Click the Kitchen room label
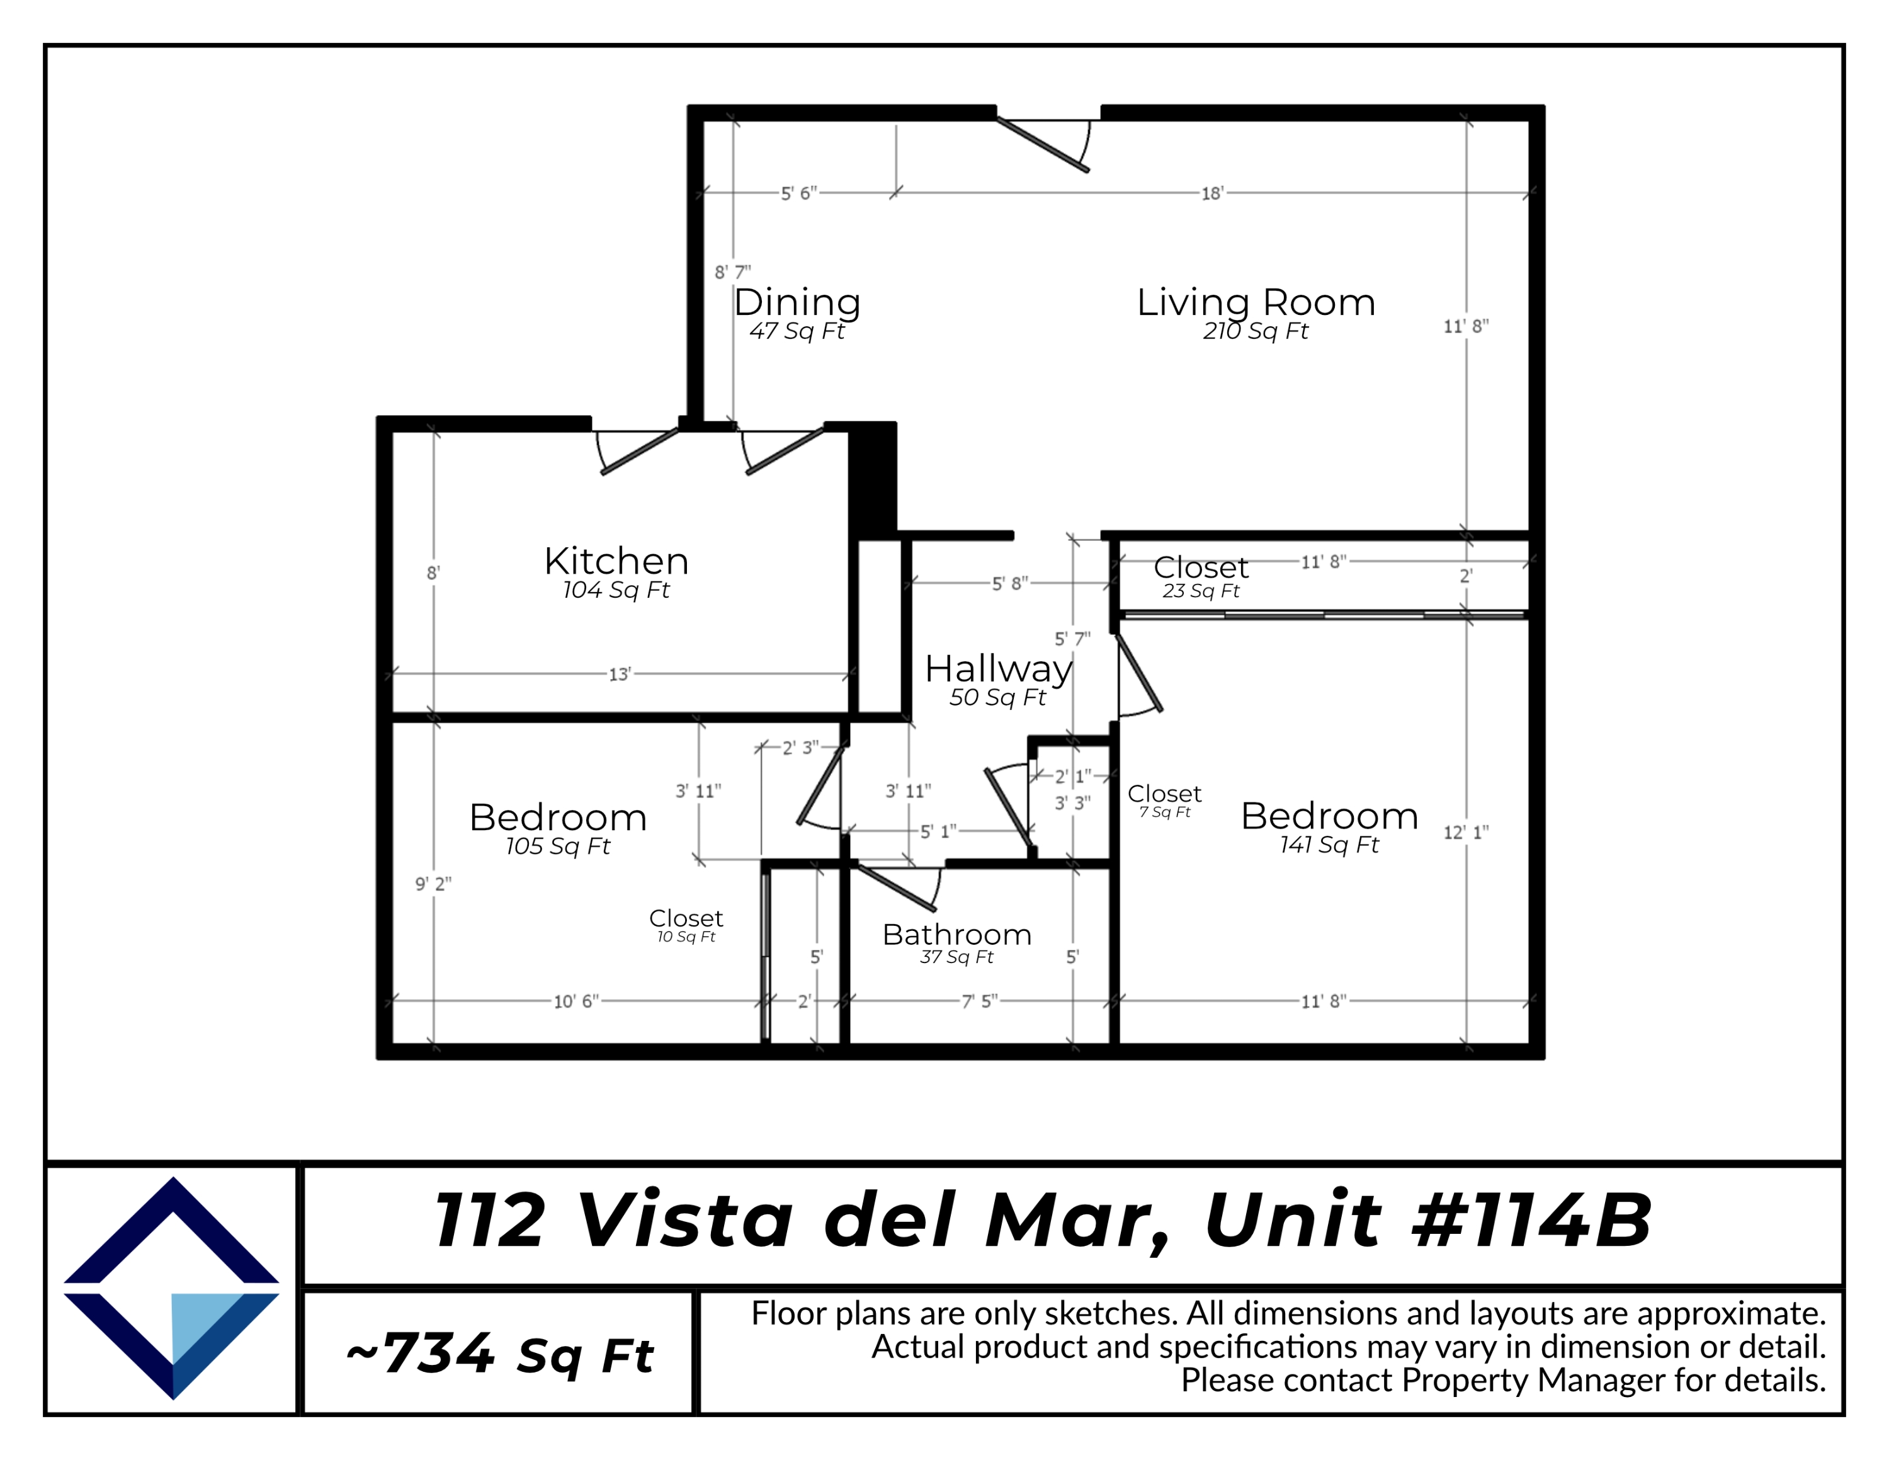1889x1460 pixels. [616, 561]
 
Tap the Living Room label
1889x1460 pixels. [1255, 303]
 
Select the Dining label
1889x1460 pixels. [797, 303]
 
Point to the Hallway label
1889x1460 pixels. [998, 669]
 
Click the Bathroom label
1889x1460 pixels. [956, 934]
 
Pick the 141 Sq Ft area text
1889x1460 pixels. [1329, 845]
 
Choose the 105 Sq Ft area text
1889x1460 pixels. [558, 847]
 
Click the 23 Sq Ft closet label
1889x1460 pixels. [1201, 591]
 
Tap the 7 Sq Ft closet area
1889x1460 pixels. [1164, 812]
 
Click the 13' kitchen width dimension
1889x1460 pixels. [620, 675]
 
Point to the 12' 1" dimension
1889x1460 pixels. [1465, 833]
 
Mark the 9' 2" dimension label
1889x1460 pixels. [433, 884]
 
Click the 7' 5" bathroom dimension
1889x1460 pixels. [979, 1001]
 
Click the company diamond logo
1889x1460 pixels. [172, 1288]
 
